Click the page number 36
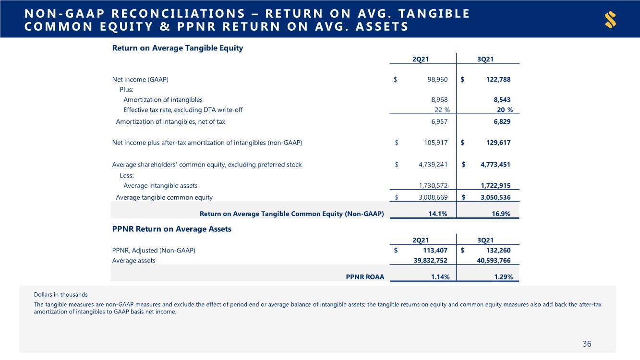[x=587, y=344]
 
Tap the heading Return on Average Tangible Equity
[x=177, y=48]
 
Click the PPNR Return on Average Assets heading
[x=171, y=229]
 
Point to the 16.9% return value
[x=501, y=214]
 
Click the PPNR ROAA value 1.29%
[x=501, y=276]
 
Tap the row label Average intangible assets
[x=160, y=185]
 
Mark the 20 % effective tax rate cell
[x=504, y=109]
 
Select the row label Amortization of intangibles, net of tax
[x=170, y=122]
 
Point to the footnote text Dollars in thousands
[x=61, y=294]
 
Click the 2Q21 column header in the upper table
[x=421, y=59]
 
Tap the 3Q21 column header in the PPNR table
[x=485, y=240]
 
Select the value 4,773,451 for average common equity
[x=495, y=165]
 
